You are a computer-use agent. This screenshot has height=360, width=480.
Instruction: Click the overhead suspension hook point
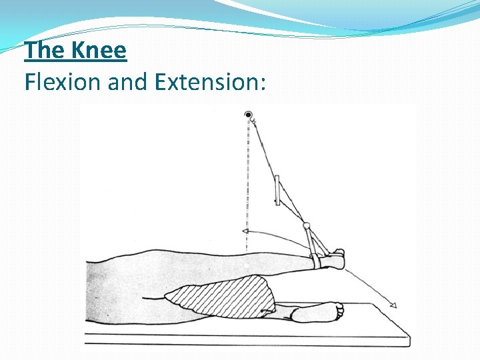point(249,115)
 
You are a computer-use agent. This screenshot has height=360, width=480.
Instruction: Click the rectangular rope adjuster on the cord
point(277,190)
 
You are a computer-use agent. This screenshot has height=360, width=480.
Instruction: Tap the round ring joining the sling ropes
point(307,225)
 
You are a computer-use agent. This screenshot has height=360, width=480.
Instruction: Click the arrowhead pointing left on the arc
point(245,231)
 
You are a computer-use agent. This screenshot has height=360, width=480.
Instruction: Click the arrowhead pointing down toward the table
point(393,306)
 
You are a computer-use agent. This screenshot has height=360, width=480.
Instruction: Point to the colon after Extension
point(264,83)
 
